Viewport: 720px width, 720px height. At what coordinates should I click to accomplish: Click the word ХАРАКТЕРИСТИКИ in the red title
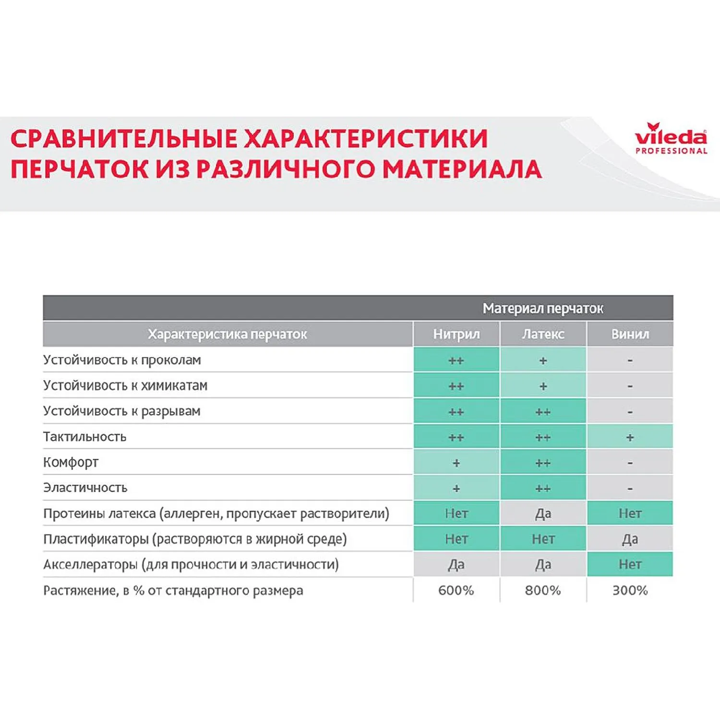click(x=366, y=139)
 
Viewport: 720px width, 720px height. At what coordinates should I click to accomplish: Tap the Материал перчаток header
click(x=542, y=308)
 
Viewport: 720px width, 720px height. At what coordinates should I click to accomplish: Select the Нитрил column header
click(x=456, y=334)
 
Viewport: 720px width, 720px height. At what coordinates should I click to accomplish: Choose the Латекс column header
click(x=543, y=334)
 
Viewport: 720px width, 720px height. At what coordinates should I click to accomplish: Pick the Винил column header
click(x=630, y=334)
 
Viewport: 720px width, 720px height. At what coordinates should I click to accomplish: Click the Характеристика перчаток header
click(x=227, y=334)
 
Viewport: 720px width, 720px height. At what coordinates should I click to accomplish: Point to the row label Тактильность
click(x=84, y=437)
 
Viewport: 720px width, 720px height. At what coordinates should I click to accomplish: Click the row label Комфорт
click(x=71, y=462)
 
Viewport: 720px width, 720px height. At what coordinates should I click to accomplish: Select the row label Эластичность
click(x=85, y=488)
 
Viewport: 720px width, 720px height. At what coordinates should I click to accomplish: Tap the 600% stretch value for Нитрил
click(x=456, y=590)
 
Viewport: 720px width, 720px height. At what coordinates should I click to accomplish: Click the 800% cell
click(x=543, y=590)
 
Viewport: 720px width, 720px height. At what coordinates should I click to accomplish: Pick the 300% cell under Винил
click(x=630, y=590)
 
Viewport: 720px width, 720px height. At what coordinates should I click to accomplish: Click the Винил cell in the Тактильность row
click(x=630, y=437)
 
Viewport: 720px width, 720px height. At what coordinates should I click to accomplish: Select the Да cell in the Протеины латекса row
click(x=543, y=514)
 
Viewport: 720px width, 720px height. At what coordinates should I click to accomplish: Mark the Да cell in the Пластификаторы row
click(x=630, y=539)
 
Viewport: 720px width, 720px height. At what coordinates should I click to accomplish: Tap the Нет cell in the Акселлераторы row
click(x=630, y=564)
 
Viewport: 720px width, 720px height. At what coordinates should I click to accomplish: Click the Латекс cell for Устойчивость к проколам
click(x=543, y=360)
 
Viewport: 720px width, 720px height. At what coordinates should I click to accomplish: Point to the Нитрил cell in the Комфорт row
click(x=456, y=463)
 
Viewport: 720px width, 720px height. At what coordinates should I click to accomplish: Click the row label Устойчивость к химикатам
click(x=125, y=385)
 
